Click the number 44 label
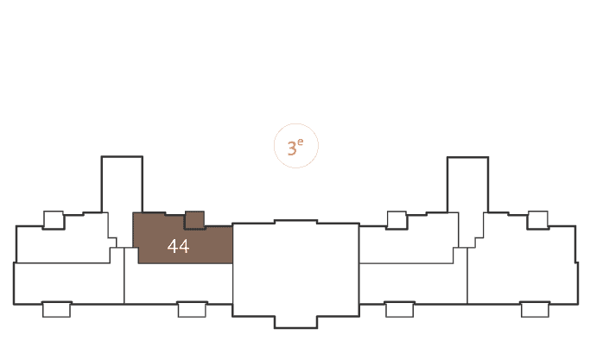point(178,246)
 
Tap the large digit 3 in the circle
point(292,148)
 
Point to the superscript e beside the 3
point(300,142)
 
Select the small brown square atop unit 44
point(194,220)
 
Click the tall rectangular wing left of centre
point(122,185)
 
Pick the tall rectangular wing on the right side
point(467,185)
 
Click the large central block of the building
point(295,269)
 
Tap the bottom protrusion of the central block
point(295,322)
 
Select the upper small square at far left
point(54,220)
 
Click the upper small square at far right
point(537,220)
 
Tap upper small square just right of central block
point(397,220)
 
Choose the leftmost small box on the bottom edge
point(56,309)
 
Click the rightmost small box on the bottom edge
point(535,309)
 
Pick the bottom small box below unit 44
point(192,309)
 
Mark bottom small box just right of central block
point(400,309)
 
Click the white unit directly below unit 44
point(178,283)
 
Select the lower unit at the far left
point(69,283)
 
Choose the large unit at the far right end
point(523,263)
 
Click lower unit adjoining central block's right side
point(413,283)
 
